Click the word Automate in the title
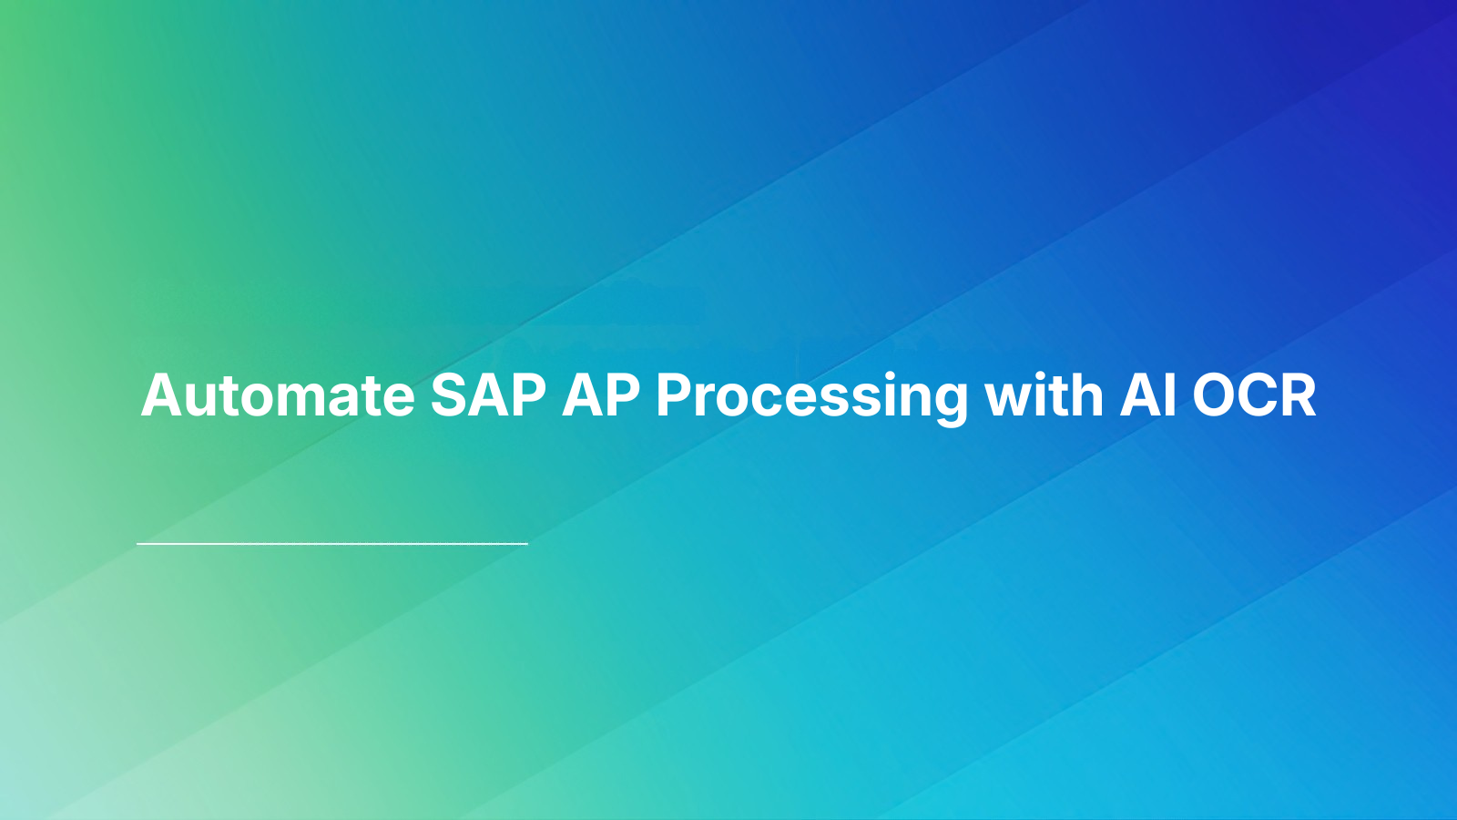click(278, 395)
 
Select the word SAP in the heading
click(488, 395)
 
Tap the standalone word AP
click(601, 395)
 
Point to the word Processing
click(811, 397)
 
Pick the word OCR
click(1255, 395)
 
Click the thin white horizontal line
click(332, 544)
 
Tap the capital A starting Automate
click(162, 395)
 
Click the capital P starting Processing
click(675, 395)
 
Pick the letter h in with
click(1087, 395)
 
